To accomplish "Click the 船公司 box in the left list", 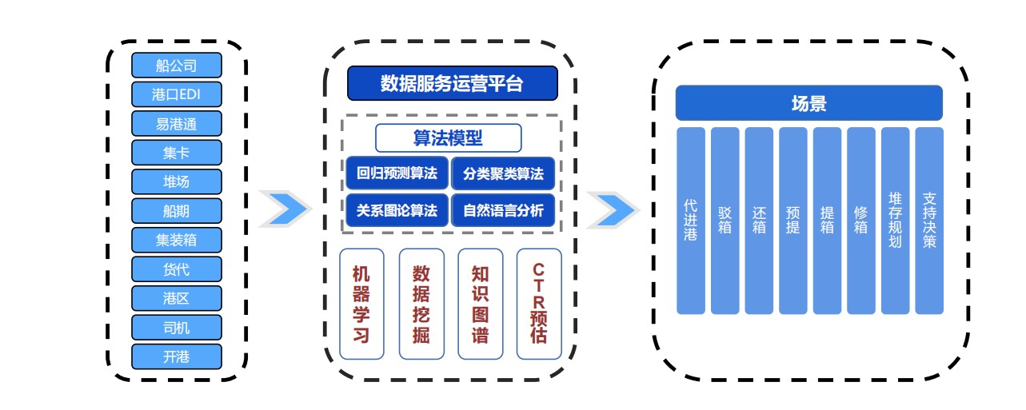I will point(176,65).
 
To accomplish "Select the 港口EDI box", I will point(176,94).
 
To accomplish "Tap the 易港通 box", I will point(176,123).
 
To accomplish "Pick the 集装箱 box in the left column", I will point(176,239).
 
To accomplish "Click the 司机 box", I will point(176,326).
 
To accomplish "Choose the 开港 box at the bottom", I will point(176,356).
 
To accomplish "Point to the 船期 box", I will point(176,210).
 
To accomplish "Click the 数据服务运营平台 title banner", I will point(452,83).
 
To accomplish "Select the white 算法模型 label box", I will point(448,138).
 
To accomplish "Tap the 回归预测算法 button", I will point(397,173).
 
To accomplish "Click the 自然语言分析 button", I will point(503,211).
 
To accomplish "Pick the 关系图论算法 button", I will point(397,211).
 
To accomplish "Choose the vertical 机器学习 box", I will point(362,304).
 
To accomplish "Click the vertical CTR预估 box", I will point(539,304).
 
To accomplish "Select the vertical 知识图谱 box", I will point(480,304).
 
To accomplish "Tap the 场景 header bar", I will point(808,103).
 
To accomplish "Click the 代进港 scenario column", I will point(691,221).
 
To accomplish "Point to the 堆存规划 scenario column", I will point(896,221).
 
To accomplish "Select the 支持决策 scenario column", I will point(929,221).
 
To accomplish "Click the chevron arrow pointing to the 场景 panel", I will point(612,209).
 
